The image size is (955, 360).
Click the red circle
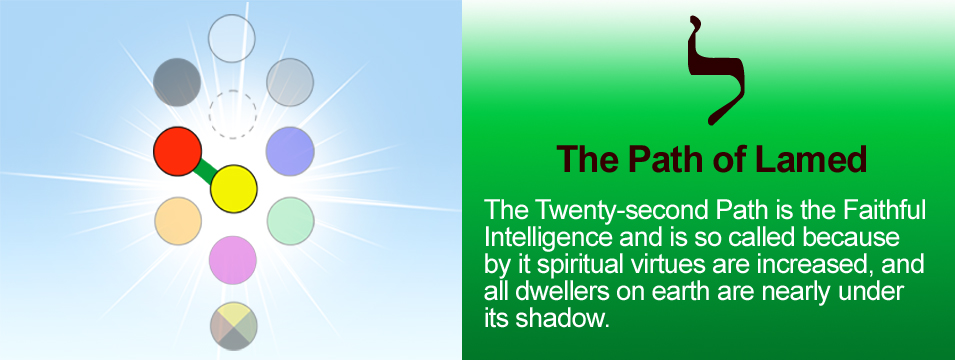click(x=177, y=152)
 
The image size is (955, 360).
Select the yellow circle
click(x=234, y=189)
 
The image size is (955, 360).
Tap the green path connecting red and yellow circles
click(x=205, y=171)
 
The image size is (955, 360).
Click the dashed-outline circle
click(x=233, y=115)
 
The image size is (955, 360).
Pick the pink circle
click(x=233, y=260)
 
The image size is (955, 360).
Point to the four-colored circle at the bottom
click(x=234, y=326)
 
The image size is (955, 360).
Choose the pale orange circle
click(x=178, y=221)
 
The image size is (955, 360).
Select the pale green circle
click(x=291, y=221)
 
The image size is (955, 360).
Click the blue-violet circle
click(x=291, y=152)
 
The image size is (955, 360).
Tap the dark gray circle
click(x=177, y=82)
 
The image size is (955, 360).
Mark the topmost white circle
click(x=231, y=38)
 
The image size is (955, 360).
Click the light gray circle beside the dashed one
click(x=290, y=82)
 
